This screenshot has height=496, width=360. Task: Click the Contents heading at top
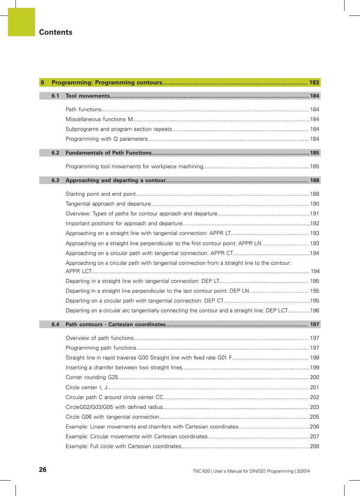point(55,32)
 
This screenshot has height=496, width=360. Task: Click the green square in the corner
point(22,22)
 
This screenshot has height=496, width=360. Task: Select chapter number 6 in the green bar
point(43,83)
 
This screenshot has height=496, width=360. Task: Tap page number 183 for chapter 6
point(314,83)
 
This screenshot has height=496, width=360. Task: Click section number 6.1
point(55,96)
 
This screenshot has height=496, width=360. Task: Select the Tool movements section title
point(88,96)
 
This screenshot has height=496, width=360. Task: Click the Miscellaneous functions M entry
point(99,119)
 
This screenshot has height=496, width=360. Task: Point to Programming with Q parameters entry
point(106,139)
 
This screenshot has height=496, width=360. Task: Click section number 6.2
point(55,153)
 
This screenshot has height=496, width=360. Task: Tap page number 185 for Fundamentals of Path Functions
point(314,153)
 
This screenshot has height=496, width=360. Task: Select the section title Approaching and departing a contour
point(115,180)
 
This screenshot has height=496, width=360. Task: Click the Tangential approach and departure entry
point(108,204)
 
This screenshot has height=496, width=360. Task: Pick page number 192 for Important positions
point(314,223)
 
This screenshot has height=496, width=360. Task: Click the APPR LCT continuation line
point(79,271)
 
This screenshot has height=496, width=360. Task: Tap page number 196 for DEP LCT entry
point(314,310)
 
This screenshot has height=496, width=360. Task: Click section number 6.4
point(55,324)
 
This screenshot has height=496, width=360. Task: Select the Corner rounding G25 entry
point(92,377)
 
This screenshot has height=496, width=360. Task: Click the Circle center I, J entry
point(87,387)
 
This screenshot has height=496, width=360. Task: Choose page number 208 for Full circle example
point(314,446)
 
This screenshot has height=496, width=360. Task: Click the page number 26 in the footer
point(43,470)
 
